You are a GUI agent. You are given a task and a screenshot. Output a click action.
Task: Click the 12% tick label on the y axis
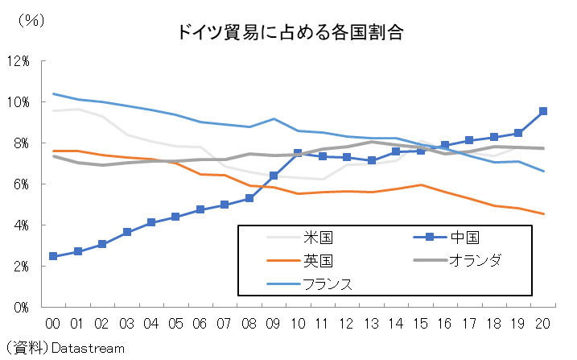19,61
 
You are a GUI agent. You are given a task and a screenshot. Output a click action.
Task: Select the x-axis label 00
53,323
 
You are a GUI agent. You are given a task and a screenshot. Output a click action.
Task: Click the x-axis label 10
298,323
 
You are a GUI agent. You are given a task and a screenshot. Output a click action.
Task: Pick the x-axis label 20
543,323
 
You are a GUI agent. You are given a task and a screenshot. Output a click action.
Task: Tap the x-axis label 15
420,323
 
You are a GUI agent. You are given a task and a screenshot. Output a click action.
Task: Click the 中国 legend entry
444,238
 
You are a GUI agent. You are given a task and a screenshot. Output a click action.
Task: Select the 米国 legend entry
317,238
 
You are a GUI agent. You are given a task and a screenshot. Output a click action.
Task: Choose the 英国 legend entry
317,260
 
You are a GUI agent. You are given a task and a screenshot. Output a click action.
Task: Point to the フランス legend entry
327,283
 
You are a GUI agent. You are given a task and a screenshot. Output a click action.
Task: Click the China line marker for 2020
543,111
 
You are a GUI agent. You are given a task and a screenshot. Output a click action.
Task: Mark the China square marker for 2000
53,256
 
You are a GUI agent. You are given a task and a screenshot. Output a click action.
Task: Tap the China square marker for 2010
298,153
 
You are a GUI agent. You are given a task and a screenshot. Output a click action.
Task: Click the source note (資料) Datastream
64,348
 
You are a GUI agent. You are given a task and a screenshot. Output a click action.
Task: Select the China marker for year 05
175,217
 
